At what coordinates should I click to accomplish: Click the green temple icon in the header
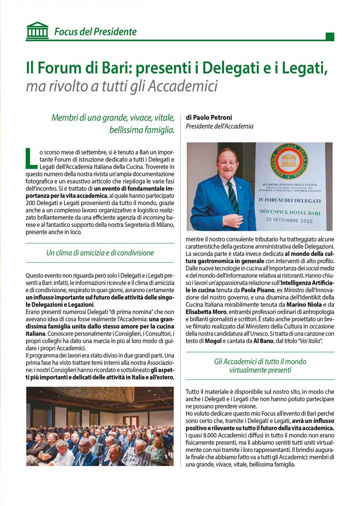[x=37, y=31]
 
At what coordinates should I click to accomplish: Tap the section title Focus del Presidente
[x=95, y=32]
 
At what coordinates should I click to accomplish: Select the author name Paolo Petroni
[x=212, y=117]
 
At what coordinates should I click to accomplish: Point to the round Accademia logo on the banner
[x=289, y=161]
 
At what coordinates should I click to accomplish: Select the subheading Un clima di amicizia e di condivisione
[x=100, y=253]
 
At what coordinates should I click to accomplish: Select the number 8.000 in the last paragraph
[x=207, y=435]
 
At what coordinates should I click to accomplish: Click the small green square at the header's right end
[x=330, y=37]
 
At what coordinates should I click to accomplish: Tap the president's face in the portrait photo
[x=228, y=162]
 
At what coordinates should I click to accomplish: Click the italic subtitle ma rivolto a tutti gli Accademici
[x=121, y=86]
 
